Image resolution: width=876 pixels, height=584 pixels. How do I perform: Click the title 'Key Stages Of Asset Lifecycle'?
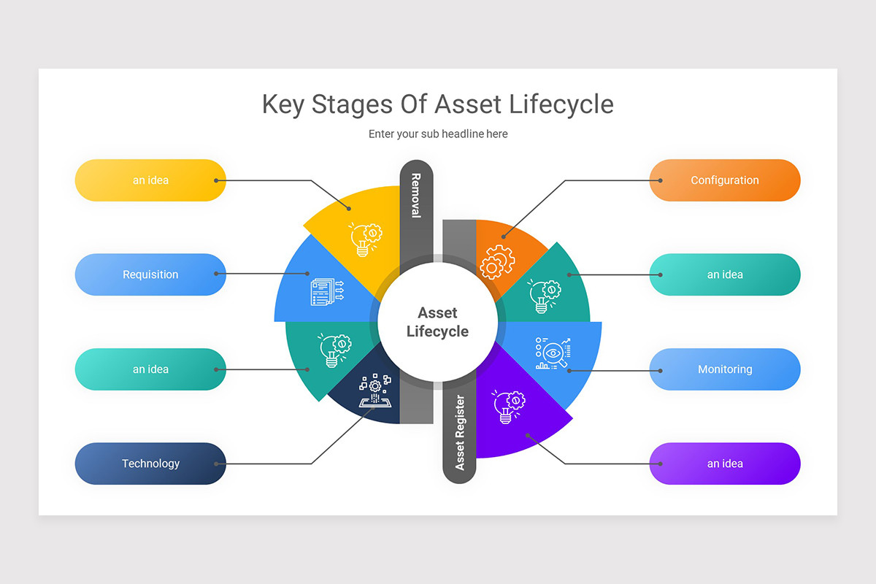point(437,104)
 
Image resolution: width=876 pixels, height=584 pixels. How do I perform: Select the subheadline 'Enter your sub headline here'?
point(437,134)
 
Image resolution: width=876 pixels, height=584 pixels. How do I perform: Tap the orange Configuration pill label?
point(724,180)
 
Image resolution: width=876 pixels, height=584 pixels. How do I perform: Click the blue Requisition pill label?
point(150,274)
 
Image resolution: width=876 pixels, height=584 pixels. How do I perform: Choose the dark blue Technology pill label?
point(150,464)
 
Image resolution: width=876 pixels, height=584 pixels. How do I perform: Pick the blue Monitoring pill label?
point(724,369)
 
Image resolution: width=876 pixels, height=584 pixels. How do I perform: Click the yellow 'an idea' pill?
point(150,180)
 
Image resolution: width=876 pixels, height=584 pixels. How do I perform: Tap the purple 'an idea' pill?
point(724,464)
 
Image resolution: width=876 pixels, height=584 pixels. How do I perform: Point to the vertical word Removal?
point(416,195)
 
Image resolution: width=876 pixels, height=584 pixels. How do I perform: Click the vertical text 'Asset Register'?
point(460,432)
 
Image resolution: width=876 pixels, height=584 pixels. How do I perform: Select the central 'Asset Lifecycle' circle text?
point(437,322)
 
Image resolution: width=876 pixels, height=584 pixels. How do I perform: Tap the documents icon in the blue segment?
point(327,291)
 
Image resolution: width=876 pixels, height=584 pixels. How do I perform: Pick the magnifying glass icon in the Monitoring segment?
point(553,353)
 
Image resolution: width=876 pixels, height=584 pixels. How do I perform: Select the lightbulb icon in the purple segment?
point(507,407)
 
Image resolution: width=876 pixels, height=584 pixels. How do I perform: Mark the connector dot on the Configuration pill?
point(660,180)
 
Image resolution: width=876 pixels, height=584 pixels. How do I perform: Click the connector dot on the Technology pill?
point(216,464)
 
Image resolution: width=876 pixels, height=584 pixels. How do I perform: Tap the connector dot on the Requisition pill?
point(216,274)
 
